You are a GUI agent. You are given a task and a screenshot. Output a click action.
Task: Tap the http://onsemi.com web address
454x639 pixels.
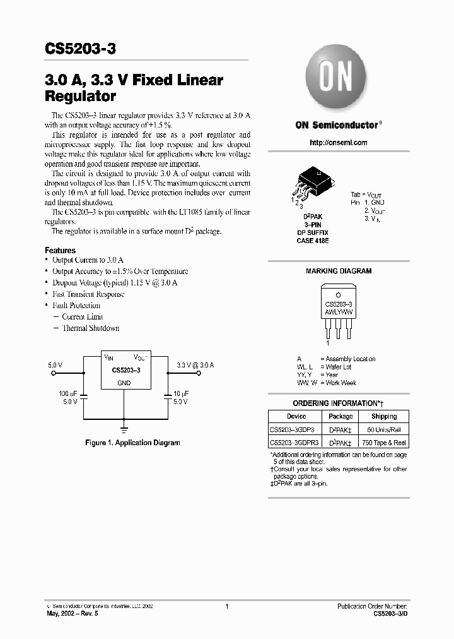pyautogui.click(x=339, y=143)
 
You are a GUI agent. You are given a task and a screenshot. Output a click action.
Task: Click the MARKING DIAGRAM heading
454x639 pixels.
pyautogui.click(x=339, y=271)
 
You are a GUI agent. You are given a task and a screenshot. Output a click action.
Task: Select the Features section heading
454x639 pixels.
pyautogui.click(x=60, y=251)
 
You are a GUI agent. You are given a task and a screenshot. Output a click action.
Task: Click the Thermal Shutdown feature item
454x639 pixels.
pyautogui.click(x=90, y=328)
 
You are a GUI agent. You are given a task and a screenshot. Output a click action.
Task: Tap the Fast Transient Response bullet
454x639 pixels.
pyautogui.click(x=88, y=294)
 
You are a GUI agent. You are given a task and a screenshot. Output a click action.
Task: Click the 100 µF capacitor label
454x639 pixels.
pyautogui.click(x=68, y=393)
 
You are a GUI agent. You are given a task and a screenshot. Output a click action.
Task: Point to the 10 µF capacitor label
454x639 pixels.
pyautogui.click(x=181, y=393)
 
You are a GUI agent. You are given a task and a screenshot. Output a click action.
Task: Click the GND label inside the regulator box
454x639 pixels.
pyautogui.click(x=124, y=383)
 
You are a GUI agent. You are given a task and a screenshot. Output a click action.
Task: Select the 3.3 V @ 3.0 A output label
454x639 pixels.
pyautogui.click(x=195, y=365)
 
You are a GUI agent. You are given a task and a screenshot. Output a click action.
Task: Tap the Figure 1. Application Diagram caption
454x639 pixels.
pyautogui.click(x=132, y=443)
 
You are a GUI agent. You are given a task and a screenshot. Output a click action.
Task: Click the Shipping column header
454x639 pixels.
pyautogui.click(x=384, y=417)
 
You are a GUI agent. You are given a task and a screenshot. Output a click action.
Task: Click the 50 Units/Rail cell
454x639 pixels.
pyautogui.click(x=384, y=429)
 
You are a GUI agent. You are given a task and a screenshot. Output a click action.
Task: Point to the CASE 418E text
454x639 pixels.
pyautogui.click(x=313, y=241)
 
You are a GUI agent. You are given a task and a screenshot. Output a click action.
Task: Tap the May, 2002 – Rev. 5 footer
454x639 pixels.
pyautogui.click(x=73, y=614)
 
